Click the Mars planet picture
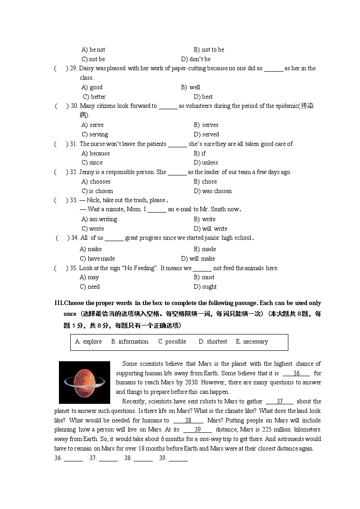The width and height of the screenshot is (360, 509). tap(84, 382)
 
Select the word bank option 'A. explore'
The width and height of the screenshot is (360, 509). tap(88, 342)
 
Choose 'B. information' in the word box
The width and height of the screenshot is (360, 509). tap(130, 342)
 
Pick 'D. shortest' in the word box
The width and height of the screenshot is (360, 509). tap(213, 342)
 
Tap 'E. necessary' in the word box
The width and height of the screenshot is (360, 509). tap(252, 342)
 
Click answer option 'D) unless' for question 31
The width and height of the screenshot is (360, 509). tap(206, 163)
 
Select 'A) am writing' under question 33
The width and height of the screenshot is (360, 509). tap(99, 219)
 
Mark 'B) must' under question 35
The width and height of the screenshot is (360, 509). tap(204, 277)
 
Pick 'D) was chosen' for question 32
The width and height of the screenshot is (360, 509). tap(213, 191)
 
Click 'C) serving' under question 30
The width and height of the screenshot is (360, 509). tap(95, 135)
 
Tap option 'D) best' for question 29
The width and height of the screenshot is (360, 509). tap(203, 97)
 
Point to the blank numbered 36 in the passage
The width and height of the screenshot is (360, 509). tap(297, 373)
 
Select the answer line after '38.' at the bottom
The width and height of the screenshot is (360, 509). tap(143, 459)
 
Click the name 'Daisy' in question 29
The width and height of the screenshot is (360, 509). tap(87, 68)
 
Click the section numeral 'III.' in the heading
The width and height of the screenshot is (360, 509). tap(58, 303)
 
